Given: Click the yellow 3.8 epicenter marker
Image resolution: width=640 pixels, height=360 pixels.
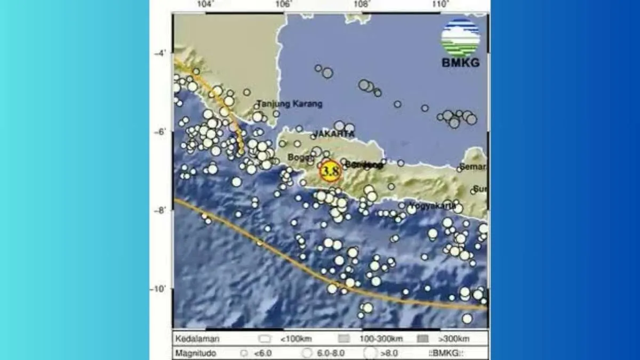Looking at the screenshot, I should (330, 171).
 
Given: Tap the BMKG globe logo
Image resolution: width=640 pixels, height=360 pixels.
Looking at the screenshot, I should (460, 37).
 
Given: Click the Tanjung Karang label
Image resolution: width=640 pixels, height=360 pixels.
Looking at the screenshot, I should (289, 104).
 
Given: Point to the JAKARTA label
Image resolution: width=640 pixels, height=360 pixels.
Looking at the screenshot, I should (334, 133).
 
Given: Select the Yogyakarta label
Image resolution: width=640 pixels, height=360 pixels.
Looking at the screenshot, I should (433, 205).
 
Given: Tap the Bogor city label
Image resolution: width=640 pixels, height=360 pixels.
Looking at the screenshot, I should (298, 157).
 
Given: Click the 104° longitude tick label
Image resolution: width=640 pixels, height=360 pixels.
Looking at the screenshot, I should (205, 5).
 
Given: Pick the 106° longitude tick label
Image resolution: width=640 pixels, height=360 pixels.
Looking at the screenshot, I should (284, 5).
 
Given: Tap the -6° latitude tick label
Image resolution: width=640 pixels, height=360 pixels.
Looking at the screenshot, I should (160, 132).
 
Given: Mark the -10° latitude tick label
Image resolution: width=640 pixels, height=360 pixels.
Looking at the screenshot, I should (159, 289).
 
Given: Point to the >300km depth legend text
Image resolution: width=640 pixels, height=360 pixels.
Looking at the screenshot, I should (454, 339).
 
